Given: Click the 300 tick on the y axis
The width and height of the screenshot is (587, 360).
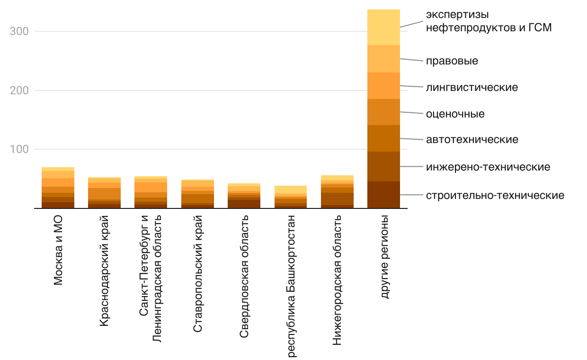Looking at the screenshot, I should (x=19, y=32).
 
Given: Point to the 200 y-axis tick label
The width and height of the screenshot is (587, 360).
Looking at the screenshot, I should (x=19, y=90).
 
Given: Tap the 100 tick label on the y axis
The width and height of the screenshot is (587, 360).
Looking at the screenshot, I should (x=19, y=150).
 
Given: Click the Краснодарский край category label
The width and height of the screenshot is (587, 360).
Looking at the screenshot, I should (x=105, y=270).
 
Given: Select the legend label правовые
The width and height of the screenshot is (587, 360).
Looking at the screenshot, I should (x=452, y=61).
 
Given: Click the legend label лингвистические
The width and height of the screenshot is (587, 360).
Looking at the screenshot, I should (x=471, y=88).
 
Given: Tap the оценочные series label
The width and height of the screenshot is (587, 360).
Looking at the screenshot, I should (x=455, y=114).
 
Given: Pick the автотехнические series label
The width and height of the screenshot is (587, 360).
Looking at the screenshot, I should (x=472, y=140).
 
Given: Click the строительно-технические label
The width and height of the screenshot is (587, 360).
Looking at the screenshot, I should (x=495, y=195).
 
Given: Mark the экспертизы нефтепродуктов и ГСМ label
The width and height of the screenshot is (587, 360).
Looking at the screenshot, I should (x=489, y=21).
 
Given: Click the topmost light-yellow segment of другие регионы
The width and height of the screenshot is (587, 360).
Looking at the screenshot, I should (x=384, y=27).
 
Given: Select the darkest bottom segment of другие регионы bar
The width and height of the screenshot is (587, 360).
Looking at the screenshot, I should (x=384, y=195).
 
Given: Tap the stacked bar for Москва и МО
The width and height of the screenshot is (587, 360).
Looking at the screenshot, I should (x=58, y=188).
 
